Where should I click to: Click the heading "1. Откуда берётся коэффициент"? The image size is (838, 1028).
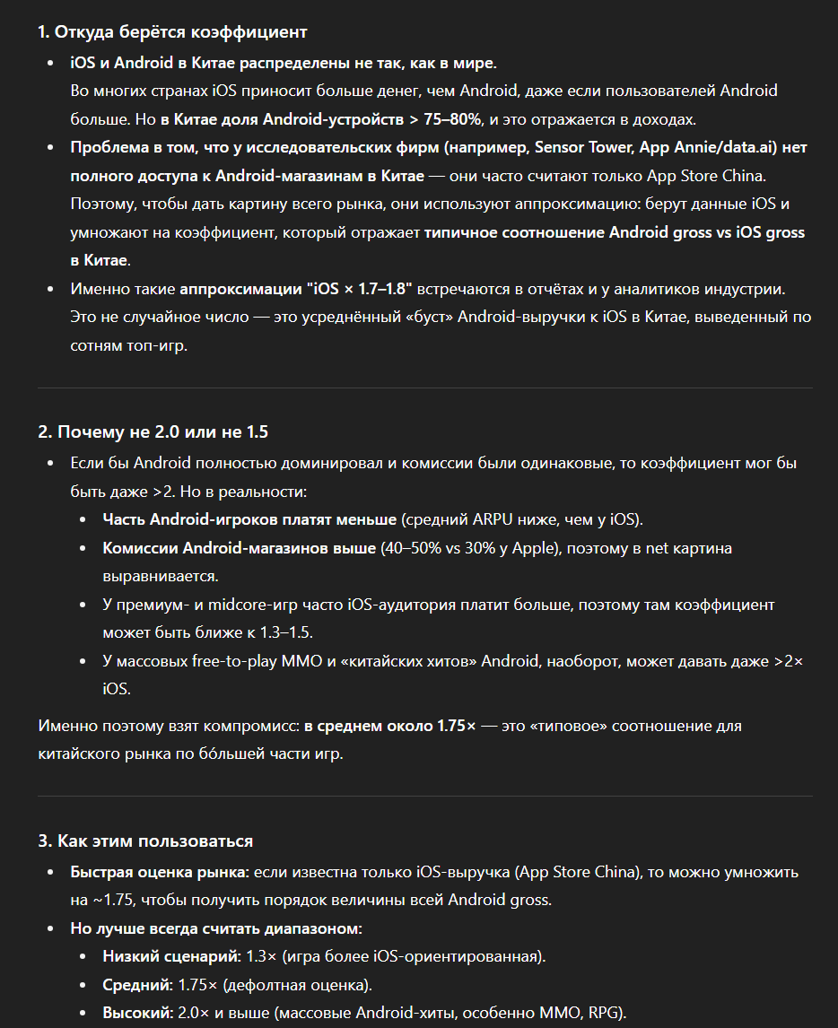[172, 32]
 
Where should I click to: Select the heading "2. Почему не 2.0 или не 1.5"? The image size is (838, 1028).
[153, 432]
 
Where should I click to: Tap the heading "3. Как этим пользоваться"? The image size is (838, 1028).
[145, 841]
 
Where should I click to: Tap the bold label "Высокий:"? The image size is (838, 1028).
[138, 1014]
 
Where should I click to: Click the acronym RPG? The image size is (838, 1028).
[607, 1014]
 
